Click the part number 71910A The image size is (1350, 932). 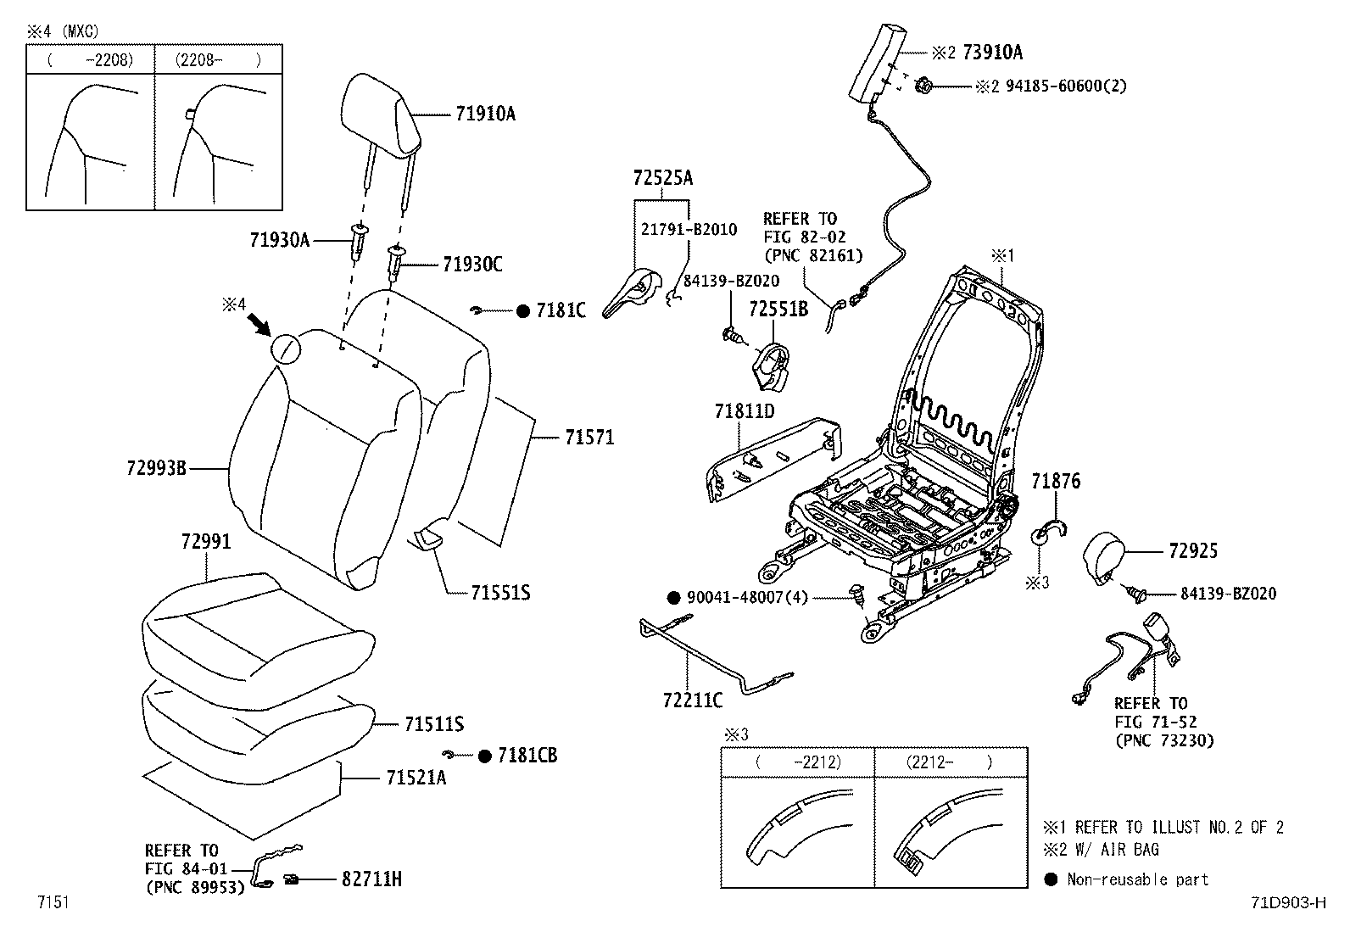coord(485,114)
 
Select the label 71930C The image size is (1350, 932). coord(472,264)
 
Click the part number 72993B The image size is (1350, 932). coord(157,468)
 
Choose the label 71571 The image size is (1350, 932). coord(589,437)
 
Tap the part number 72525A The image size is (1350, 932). coord(663,178)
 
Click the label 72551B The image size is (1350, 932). coord(778,310)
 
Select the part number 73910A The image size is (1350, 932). coord(993,53)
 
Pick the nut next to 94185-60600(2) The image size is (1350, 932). coord(923,86)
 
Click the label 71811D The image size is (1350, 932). coord(745,411)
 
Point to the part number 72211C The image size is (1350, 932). coord(693,700)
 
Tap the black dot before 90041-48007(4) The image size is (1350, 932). coord(674,597)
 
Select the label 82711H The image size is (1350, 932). coord(371,879)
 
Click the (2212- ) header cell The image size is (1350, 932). coord(951,762)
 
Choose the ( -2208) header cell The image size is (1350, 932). coord(91,59)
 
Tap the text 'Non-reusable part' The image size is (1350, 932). coord(1138,879)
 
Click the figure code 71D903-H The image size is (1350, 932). coord(1289,902)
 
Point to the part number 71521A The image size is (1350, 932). coord(416,778)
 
